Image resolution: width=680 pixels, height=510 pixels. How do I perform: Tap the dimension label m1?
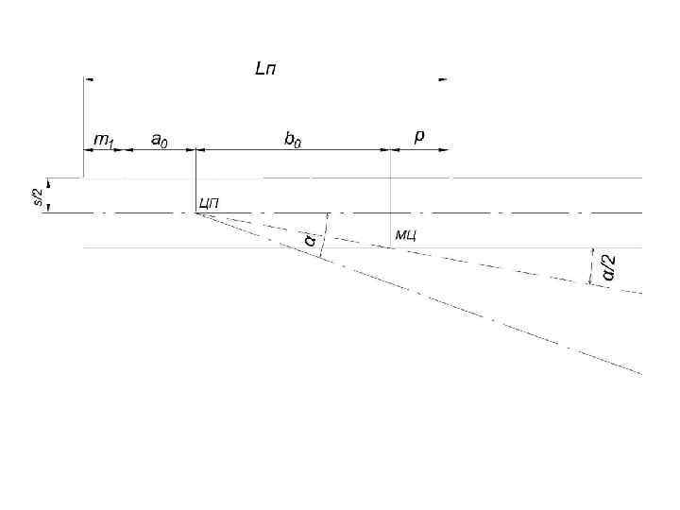(x=102, y=140)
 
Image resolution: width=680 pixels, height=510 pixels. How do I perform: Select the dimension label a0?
(x=161, y=139)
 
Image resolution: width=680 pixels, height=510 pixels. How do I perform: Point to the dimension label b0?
(x=295, y=139)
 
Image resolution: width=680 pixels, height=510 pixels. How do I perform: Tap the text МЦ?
(x=406, y=233)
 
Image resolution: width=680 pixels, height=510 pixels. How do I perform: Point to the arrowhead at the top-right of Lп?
(x=442, y=80)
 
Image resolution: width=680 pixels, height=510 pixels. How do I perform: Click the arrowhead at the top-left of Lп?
(x=88, y=80)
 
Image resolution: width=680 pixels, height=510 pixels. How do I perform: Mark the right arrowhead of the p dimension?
(x=445, y=149)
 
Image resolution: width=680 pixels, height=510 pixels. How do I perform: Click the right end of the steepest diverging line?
(x=640, y=374)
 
